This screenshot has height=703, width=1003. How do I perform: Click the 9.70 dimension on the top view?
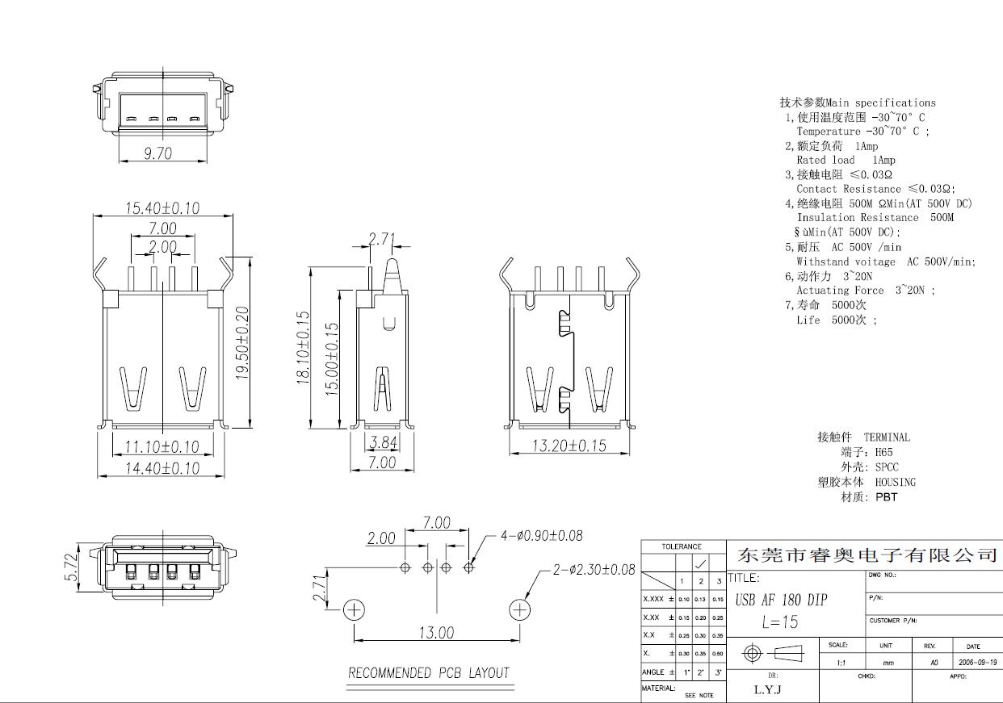pyautogui.click(x=158, y=153)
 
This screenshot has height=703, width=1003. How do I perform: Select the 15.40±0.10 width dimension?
pyautogui.click(x=162, y=207)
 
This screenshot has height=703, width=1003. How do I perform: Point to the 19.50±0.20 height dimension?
pyautogui.click(x=242, y=343)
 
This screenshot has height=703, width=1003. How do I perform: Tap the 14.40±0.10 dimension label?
pyautogui.click(x=162, y=467)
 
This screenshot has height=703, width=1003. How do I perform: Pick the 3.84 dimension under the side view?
pyautogui.click(x=383, y=442)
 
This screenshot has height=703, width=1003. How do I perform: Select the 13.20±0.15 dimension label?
pyautogui.click(x=569, y=446)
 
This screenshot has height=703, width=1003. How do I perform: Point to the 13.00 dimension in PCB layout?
pyautogui.click(x=435, y=633)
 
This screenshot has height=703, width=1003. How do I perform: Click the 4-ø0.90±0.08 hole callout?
pyautogui.click(x=541, y=535)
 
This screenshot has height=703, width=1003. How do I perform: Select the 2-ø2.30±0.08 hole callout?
pyautogui.click(x=594, y=570)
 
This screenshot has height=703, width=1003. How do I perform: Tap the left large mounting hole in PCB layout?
pyautogui.click(x=354, y=609)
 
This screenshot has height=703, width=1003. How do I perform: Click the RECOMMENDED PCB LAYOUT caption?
pyautogui.click(x=429, y=672)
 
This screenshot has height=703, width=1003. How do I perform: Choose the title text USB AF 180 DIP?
pyautogui.click(x=781, y=600)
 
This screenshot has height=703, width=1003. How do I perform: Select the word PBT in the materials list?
pyautogui.click(x=886, y=497)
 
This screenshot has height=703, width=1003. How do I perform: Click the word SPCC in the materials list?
pyautogui.click(x=887, y=467)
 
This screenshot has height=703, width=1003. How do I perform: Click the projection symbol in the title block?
pyautogui.click(x=773, y=652)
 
